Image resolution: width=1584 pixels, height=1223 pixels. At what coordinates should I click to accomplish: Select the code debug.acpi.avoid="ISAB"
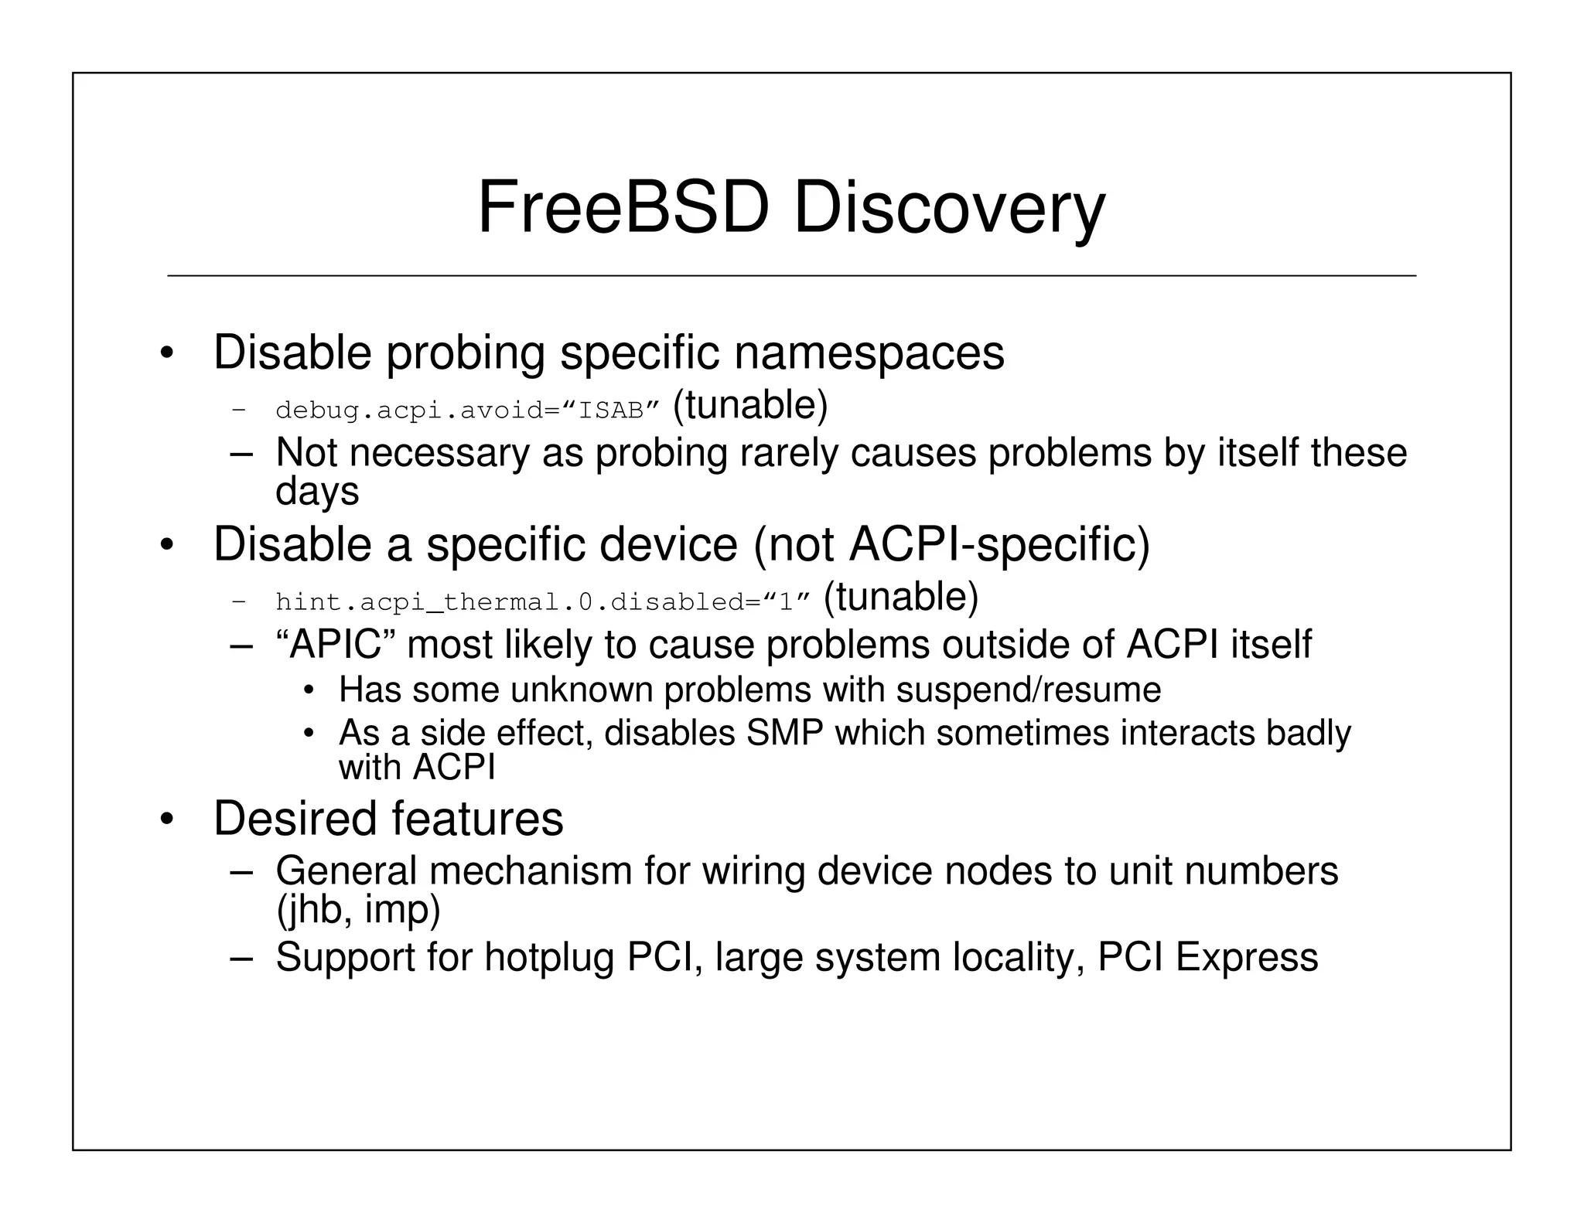(x=467, y=410)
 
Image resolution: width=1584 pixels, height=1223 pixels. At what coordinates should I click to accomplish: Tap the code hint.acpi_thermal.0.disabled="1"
(x=542, y=601)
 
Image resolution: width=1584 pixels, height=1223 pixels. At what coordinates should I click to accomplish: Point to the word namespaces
(x=869, y=353)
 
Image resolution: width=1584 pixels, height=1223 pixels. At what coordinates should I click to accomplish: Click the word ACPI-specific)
(x=999, y=544)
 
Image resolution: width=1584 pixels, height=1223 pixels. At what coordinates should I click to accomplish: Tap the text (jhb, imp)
(x=358, y=909)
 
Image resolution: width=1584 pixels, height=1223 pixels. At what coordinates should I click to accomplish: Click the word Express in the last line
(x=1246, y=957)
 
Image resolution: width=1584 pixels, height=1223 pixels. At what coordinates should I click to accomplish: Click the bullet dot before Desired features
(x=166, y=820)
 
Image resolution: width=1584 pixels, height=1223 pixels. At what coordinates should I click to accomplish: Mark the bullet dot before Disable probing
(x=166, y=355)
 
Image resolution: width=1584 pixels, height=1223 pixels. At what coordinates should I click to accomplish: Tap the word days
(x=317, y=492)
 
